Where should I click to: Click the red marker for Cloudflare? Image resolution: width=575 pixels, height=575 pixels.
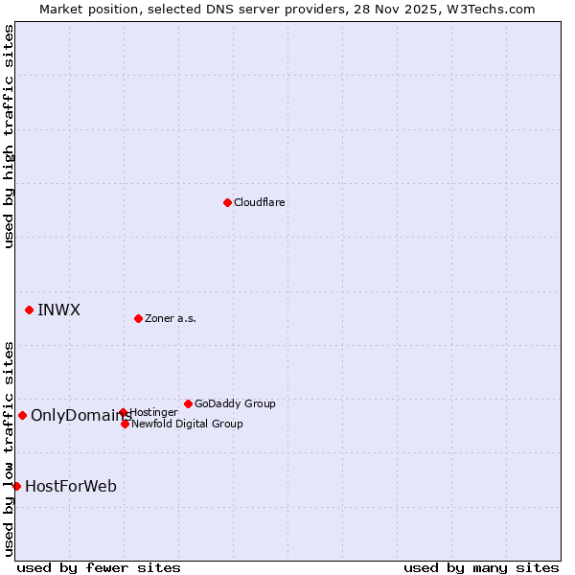tap(227, 202)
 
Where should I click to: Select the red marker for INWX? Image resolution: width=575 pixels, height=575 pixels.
tap(30, 310)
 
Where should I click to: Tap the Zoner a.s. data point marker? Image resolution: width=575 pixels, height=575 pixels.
tap(138, 318)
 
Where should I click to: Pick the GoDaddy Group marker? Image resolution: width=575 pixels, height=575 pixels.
tap(188, 403)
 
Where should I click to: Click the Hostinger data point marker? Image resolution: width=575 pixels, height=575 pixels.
tap(123, 413)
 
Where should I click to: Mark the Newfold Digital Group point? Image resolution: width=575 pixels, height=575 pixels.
tap(125, 424)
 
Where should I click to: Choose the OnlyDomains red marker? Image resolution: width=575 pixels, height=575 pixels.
tap(22, 415)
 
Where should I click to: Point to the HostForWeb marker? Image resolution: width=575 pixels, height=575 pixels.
tap(16, 486)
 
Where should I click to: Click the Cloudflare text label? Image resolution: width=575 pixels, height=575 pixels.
tap(260, 202)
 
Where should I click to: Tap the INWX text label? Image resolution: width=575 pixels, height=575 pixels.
tap(58, 310)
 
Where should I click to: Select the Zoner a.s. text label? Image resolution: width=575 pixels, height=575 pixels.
tap(171, 318)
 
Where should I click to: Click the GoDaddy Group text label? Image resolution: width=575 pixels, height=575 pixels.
tap(235, 403)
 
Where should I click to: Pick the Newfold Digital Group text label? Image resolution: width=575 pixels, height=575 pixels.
tap(187, 424)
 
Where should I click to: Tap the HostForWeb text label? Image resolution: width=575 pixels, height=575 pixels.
tap(71, 486)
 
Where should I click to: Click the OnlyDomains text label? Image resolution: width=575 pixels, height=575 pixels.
tap(81, 415)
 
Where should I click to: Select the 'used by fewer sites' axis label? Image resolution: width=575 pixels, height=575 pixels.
tap(99, 567)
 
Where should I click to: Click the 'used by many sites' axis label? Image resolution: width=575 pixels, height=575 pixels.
tap(481, 567)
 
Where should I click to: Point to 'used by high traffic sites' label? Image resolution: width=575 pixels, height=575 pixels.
tap(9, 136)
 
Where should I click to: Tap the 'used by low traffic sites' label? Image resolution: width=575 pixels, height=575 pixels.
tap(9, 448)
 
